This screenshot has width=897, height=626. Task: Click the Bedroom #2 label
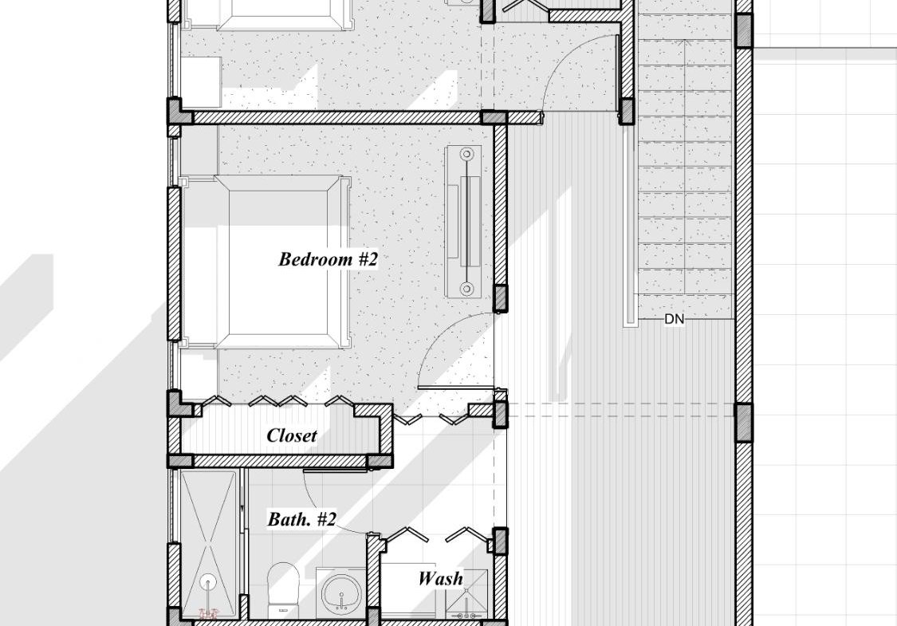(x=329, y=259)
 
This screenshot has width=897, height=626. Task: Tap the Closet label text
(x=292, y=435)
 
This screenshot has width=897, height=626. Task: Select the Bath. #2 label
(x=302, y=519)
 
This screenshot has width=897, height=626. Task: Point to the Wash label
(x=440, y=578)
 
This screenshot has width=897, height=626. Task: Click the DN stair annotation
(x=675, y=319)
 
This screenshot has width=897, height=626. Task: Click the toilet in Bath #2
(x=284, y=589)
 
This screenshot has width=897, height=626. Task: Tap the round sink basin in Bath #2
(x=341, y=593)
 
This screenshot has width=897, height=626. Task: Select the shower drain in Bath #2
(x=209, y=582)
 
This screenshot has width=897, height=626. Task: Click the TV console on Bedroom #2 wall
(x=466, y=222)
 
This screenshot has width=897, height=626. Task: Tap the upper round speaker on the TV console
(x=466, y=154)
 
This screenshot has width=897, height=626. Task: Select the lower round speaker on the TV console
(x=466, y=289)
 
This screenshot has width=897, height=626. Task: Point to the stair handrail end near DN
(x=631, y=323)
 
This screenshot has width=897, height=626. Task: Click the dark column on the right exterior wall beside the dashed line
(x=743, y=423)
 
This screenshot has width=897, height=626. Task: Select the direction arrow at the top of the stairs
(x=682, y=43)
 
